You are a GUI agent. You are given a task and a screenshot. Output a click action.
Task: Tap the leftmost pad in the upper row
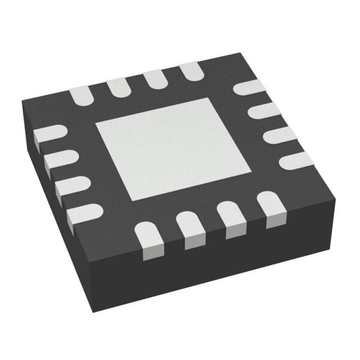pos(80,94)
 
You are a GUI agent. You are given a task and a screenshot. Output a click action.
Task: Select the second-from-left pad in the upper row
pos(117,85)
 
